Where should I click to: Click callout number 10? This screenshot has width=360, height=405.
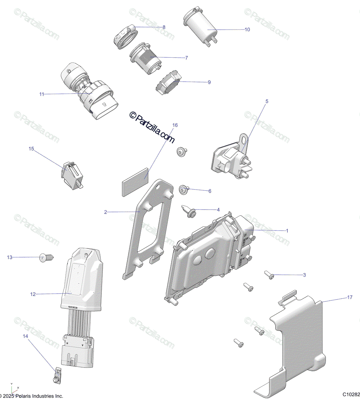pos(247,30)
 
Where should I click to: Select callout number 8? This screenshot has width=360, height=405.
pos(164,27)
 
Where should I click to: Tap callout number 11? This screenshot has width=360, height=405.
pos(42,94)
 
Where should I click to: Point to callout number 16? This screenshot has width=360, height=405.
pos(175,125)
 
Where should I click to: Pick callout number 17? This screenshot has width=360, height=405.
pos(350,297)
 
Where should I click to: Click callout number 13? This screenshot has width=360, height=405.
pos(9,258)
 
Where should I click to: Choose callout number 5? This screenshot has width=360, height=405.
pos(267,101)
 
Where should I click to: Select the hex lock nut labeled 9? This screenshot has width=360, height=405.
pos(168,83)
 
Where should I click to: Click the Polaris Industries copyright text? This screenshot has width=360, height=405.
pos(32,396)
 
